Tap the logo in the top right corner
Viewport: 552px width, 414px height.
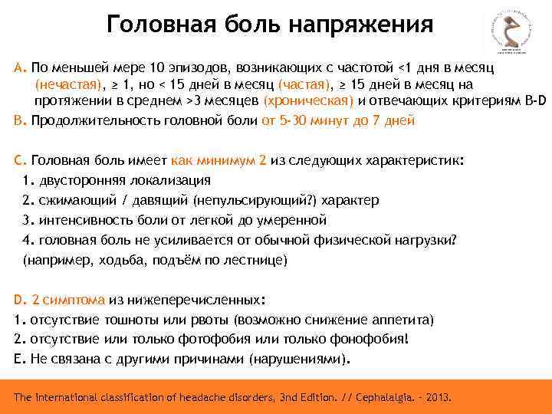[509, 33]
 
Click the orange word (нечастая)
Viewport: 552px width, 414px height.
[67, 84]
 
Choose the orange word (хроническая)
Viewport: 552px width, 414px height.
[308, 102]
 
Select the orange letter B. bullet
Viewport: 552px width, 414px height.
[20, 120]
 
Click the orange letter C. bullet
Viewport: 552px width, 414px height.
[20, 161]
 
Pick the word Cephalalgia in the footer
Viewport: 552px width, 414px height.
[387, 399]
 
